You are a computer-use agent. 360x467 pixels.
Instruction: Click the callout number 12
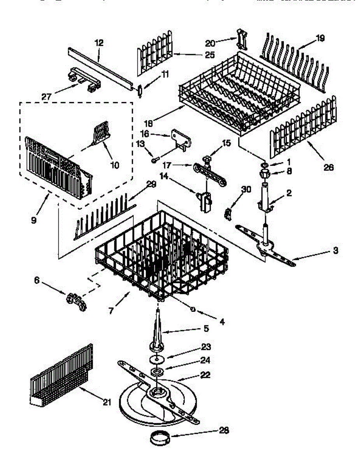pos(99,43)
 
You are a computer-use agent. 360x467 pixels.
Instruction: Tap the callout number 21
pos(107,402)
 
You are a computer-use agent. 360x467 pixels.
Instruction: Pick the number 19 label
pos(320,38)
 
